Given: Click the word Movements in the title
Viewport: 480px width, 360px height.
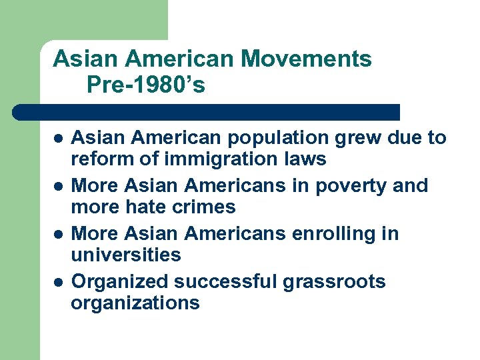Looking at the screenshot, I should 306,59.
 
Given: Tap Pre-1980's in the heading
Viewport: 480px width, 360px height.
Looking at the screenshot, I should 145,85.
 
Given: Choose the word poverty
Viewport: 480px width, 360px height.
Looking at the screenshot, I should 348,186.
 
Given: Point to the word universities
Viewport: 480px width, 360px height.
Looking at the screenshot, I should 125,255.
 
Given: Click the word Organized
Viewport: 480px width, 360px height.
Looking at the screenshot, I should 120,282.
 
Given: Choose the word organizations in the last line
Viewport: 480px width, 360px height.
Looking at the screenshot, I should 135,303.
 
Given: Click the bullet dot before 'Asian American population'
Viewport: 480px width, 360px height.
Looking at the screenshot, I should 58,139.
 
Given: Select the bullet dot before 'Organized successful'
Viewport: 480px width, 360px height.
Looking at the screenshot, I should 58,283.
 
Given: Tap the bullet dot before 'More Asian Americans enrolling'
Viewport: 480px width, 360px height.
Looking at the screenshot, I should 58,235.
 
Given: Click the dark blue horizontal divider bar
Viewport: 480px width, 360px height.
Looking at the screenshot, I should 207,111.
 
